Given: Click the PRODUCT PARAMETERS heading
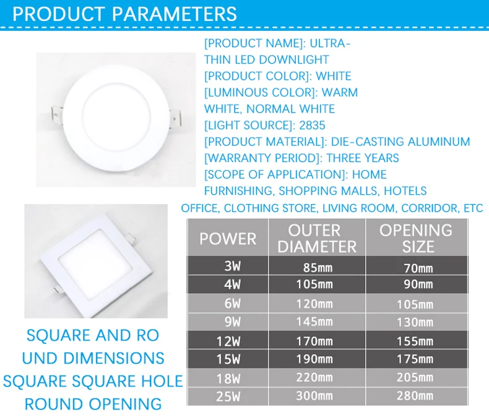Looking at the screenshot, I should tap(124, 14).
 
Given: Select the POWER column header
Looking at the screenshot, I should tap(227, 239).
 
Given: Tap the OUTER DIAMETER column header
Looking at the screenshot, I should tap(317, 238).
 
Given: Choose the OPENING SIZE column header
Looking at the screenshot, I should tap(416, 238).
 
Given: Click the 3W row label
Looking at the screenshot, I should tap(233, 268).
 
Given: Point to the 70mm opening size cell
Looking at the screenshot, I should tap(418, 268).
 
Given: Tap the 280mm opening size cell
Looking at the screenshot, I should tap(418, 395).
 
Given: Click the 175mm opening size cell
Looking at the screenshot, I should tap(418, 359).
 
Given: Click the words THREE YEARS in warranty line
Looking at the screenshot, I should tap(363, 158).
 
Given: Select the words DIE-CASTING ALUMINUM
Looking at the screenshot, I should tap(400, 142).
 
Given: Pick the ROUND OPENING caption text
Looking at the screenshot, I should tap(93, 404).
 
